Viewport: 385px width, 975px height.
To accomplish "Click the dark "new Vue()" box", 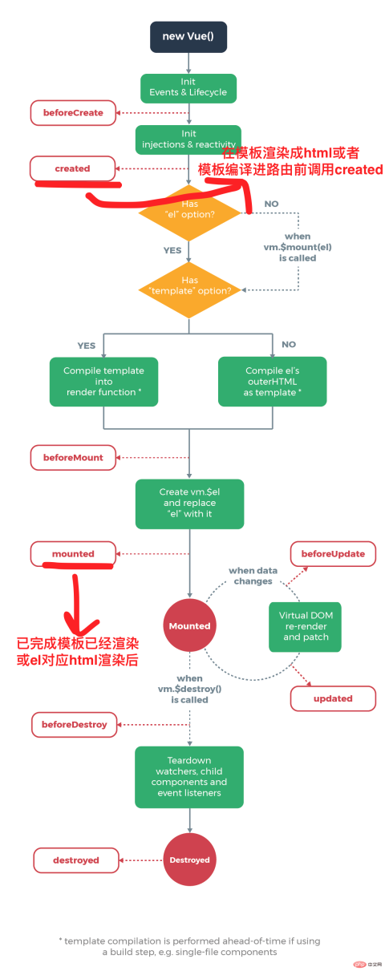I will click(188, 37).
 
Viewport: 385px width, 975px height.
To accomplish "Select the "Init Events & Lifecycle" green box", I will click(188, 87).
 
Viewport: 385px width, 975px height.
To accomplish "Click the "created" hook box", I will click(72, 168).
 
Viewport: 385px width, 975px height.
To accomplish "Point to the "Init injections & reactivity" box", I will click(188, 139).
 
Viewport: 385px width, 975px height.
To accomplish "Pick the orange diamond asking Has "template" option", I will click(188, 285).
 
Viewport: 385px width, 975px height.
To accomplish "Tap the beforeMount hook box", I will click(73, 457).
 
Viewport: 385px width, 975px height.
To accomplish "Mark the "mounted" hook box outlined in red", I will click(73, 553).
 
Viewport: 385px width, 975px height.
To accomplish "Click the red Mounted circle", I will click(189, 625).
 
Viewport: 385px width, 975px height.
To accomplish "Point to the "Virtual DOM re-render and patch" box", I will click(305, 626).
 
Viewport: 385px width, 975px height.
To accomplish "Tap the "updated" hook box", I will click(333, 698).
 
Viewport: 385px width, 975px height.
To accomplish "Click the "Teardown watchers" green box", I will click(188, 776).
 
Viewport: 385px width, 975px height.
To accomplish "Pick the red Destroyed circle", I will click(189, 860).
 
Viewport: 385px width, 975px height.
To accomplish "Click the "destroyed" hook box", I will click(76, 860).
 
